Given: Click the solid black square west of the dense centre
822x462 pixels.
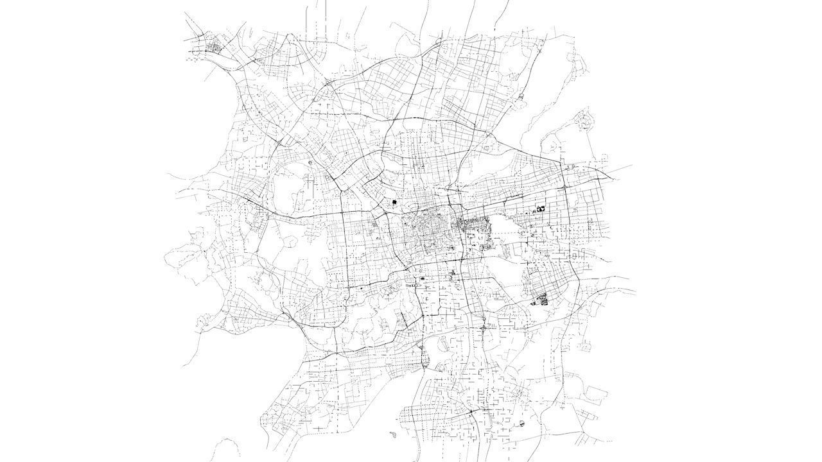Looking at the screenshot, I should (x=394, y=203).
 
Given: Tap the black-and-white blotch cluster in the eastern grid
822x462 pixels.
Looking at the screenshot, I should (x=541, y=208).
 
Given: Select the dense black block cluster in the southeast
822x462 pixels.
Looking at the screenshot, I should (x=542, y=298).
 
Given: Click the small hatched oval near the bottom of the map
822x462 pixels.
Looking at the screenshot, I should (x=521, y=424).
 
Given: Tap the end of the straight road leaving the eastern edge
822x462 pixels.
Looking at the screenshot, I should (x=632, y=165).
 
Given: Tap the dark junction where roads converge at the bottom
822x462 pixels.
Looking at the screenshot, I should (x=472, y=411).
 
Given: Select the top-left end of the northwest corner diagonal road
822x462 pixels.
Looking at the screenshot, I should (x=185, y=13).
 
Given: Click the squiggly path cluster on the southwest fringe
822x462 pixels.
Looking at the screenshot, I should (x=205, y=321).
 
